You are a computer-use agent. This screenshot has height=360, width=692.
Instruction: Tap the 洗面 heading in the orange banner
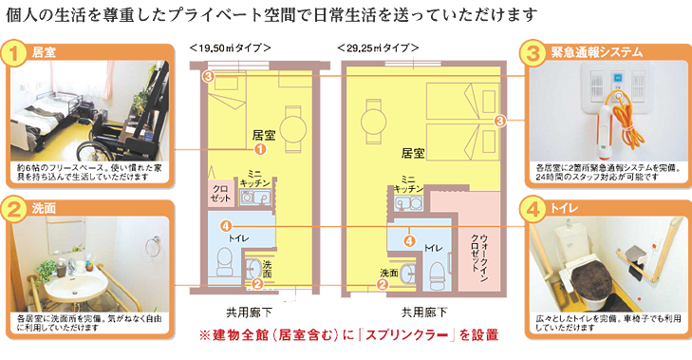click(x=43, y=207)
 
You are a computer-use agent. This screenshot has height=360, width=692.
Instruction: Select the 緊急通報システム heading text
click(x=596, y=51)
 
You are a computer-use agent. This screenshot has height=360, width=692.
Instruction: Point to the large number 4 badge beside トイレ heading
click(x=535, y=207)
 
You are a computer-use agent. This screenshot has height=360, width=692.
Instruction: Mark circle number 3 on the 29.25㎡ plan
click(x=500, y=120)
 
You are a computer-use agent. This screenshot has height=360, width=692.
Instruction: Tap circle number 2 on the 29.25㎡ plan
click(x=381, y=283)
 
